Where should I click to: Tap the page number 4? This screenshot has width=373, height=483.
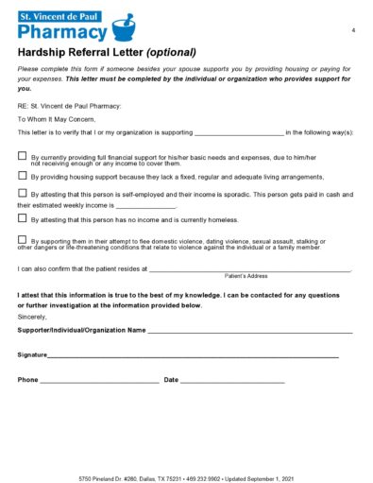coord(352,31)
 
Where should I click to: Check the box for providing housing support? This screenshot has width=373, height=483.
coord(23,175)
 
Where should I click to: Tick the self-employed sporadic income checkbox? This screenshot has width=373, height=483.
coord(23,193)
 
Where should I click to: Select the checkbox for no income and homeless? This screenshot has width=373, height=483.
coord(23,217)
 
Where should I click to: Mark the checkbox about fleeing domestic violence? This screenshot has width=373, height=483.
coord(23,240)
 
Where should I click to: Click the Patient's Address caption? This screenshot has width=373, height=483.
coord(246,276)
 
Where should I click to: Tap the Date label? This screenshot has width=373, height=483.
coord(171,379)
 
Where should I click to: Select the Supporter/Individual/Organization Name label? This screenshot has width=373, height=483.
coord(81,331)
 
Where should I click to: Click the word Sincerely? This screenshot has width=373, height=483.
coord(32,318)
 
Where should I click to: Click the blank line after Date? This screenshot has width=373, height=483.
coord(232,380)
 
